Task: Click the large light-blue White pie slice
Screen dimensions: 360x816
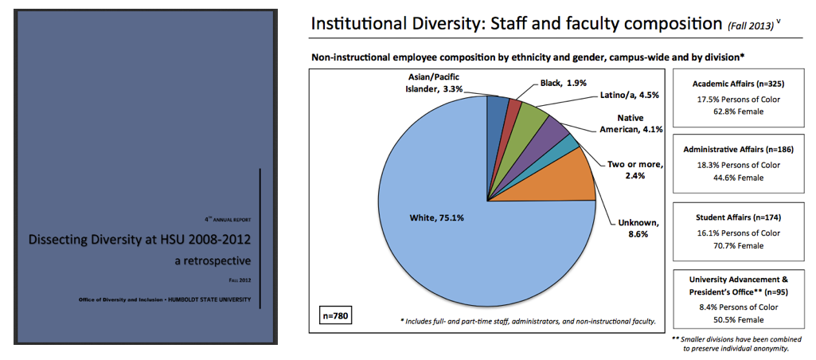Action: point(446,239)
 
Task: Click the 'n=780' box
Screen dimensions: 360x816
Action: point(334,315)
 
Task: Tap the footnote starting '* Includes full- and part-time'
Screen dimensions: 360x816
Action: point(527,321)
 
